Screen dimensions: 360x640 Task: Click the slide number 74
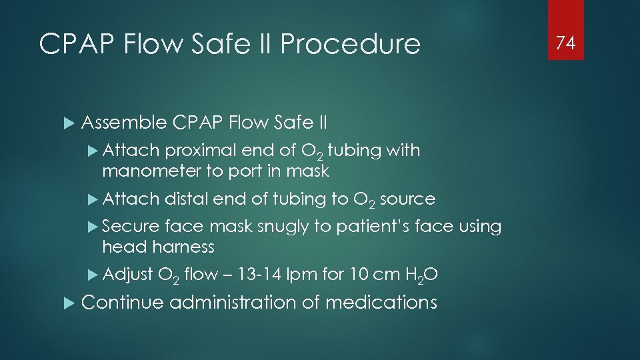[x=565, y=43]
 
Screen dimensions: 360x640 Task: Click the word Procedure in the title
[x=351, y=45]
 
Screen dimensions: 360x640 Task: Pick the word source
[x=407, y=199]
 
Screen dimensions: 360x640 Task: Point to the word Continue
[x=122, y=303]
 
